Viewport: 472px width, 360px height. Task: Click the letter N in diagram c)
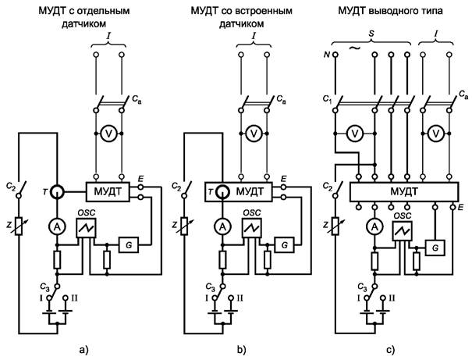pos(326,56)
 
